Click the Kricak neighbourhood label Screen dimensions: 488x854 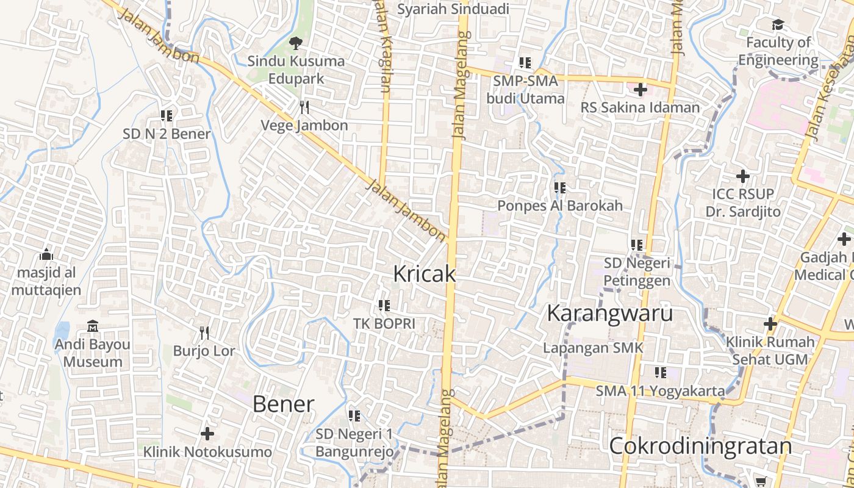coord(425,274)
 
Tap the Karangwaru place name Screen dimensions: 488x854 coord(609,313)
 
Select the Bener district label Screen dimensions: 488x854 coord(283,404)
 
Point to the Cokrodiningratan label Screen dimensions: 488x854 coord(700,446)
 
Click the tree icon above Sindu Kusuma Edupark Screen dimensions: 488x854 coord(296,43)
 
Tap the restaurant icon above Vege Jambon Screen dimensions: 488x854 coord(304,107)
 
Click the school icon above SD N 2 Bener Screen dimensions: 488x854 coord(167,115)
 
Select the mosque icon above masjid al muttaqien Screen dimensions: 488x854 coord(46,254)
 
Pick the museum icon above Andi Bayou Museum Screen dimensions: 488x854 coord(93,326)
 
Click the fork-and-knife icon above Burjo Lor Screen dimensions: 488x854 coord(204,332)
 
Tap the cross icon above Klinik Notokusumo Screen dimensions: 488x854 coord(207,434)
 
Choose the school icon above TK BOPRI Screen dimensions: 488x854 coord(384,305)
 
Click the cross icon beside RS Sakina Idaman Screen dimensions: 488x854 coord(640,90)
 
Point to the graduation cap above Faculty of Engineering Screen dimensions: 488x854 coord(778,25)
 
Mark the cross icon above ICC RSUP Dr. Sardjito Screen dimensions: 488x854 coord(742,176)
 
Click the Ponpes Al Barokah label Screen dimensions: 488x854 coord(560,206)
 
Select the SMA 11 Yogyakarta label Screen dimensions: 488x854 coord(661,391)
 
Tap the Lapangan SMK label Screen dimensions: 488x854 coord(594,348)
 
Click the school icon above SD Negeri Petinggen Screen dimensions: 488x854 coord(637,245)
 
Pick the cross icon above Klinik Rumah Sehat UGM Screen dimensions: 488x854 coord(770,323)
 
